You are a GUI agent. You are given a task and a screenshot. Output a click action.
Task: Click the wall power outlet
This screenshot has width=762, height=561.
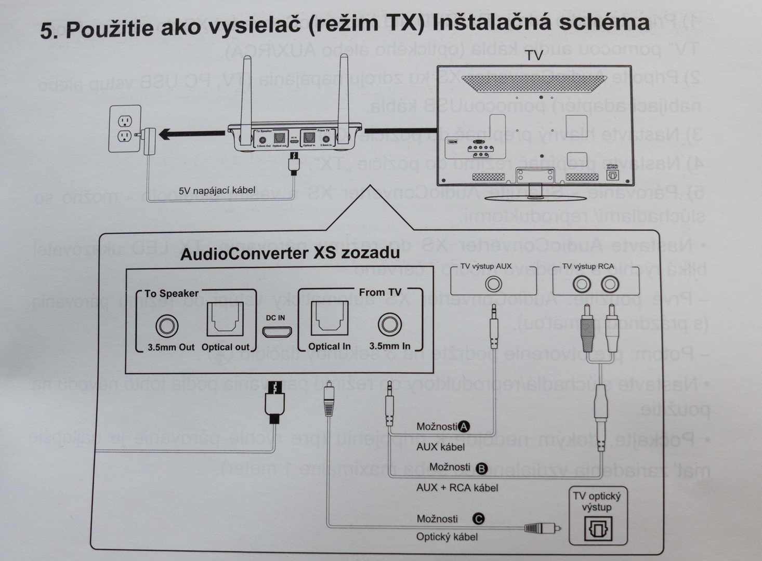click(x=125, y=128)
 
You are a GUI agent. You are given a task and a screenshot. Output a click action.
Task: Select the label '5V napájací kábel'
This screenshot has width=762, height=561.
click(x=217, y=191)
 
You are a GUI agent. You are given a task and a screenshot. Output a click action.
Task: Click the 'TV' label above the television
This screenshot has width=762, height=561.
click(x=534, y=56)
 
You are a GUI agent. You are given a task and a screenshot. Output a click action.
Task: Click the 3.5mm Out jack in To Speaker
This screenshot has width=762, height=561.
click(x=167, y=326)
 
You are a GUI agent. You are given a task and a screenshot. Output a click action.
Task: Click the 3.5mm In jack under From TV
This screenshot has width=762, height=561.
click(x=389, y=325)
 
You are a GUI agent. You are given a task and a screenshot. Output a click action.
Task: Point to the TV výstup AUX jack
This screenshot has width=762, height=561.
click(x=493, y=284)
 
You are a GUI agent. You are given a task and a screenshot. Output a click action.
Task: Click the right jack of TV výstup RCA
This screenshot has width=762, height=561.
click(x=609, y=284)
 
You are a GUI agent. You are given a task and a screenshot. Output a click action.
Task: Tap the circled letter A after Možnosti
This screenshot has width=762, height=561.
click(x=464, y=426)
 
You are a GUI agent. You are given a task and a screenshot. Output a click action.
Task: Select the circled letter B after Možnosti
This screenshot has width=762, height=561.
click(x=482, y=469)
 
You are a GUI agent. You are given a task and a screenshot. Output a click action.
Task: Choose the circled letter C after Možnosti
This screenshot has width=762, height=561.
click(x=479, y=518)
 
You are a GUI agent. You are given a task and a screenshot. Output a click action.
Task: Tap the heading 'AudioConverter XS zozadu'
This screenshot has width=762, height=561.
click(x=290, y=253)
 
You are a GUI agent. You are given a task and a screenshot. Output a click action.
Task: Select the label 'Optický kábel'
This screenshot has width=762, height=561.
click(x=446, y=537)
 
